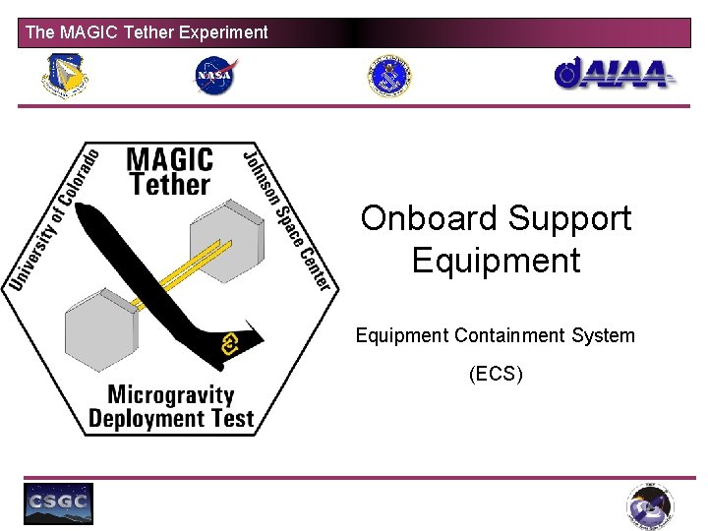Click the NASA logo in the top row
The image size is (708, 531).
(x=216, y=76)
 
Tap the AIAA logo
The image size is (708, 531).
(x=615, y=74)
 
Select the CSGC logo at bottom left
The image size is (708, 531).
(x=59, y=503)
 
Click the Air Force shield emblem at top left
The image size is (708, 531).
(x=63, y=75)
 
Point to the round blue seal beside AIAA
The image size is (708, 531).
(x=389, y=76)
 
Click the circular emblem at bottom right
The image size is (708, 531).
(x=651, y=507)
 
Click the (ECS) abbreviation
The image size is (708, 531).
(x=496, y=374)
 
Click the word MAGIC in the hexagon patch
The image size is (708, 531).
(x=169, y=159)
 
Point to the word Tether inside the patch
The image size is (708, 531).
(x=170, y=184)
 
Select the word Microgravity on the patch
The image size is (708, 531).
(x=170, y=395)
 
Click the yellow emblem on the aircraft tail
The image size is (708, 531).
(x=232, y=343)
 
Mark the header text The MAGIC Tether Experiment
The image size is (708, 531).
(x=147, y=32)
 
